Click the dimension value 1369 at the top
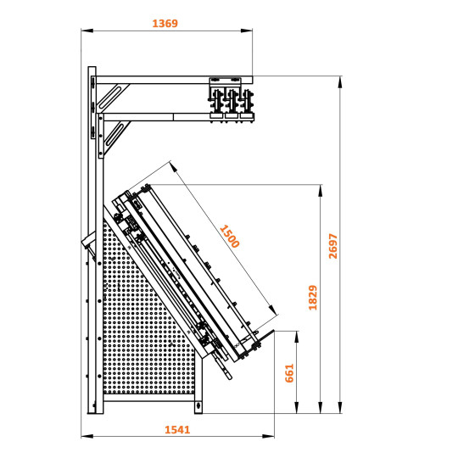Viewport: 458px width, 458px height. click(165, 24)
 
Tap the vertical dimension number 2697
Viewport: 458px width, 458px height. click(333, 245)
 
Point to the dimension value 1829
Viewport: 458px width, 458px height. click(313, 297)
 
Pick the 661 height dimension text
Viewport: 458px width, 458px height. click(289, 372)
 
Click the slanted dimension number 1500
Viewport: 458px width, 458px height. click(229, 235)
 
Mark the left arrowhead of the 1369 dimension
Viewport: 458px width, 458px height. click(85, 31)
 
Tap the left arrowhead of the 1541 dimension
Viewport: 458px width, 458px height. click(85, 437)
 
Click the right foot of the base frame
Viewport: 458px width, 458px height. click(198, 409)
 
